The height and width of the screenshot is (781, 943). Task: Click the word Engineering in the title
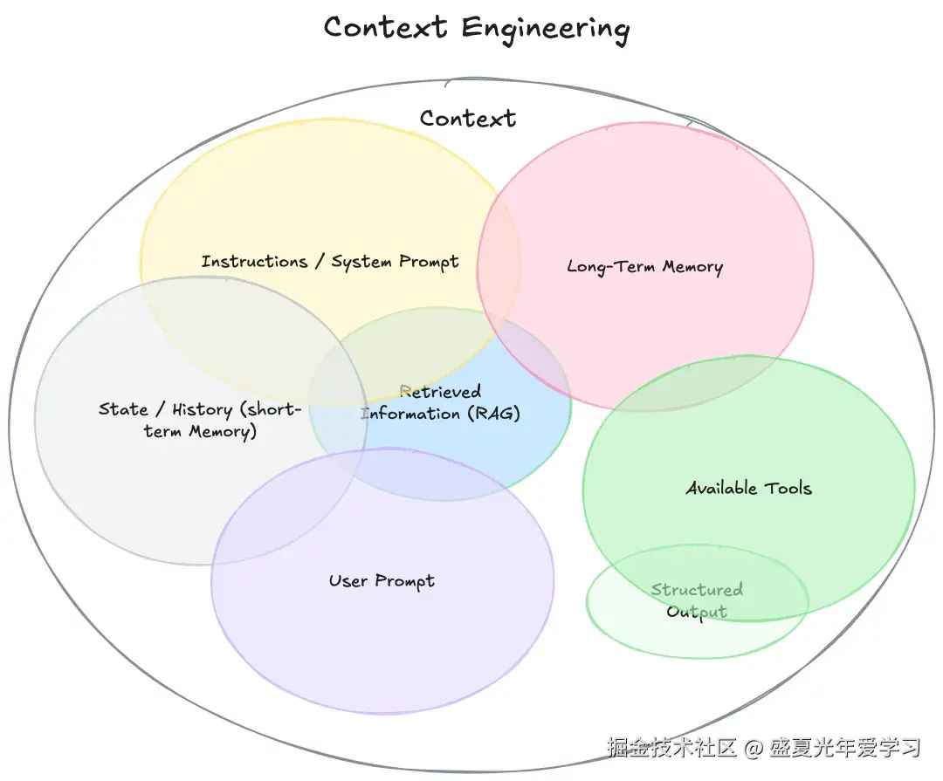click(546, 30)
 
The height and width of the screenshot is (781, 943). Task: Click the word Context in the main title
click(386, 27)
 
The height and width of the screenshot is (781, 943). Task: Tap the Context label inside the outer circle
click(468, 119)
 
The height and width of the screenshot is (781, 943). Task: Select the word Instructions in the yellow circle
click(254, 262)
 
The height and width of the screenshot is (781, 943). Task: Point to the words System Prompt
click(396, 262)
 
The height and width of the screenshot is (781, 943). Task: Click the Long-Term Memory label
click(644, 267)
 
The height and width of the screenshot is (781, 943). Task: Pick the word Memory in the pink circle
click(692, 267)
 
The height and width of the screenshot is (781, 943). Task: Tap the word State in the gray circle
click(123, 409)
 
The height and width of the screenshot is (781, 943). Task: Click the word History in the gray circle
click(202, 410)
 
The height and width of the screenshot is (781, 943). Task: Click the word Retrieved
click(440, 392)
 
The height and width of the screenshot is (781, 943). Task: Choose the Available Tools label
click(749, 488)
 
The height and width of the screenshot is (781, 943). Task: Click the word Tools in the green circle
click(788, 488)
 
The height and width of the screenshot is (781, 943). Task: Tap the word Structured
click(697, 589)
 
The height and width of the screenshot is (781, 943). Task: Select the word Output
click(697, 612)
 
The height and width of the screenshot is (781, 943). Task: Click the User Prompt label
click(382, 581)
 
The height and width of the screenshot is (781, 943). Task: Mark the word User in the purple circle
click(348, 581)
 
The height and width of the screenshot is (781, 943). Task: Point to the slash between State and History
click(160, 409)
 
